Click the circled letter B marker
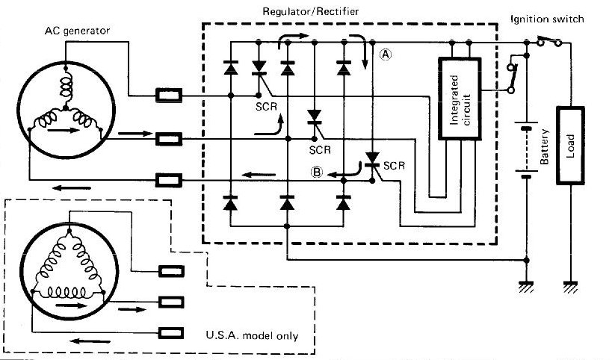coord(317,172)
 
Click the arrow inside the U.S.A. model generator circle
coord(69,305)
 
